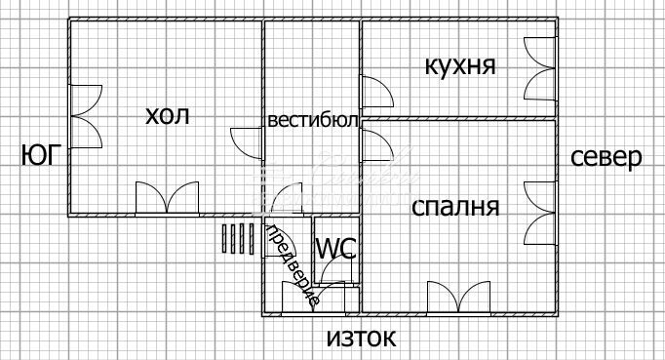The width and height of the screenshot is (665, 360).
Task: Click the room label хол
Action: point(167,116)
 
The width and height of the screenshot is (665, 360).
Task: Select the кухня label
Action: point(460,66)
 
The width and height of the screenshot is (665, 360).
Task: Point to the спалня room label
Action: point(455,207)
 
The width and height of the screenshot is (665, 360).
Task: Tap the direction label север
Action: point(606,158)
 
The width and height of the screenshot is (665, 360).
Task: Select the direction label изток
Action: point(361,339)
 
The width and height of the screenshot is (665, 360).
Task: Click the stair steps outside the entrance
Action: point(236,238)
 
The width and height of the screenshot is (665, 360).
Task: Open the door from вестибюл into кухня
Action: point(376,92)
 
